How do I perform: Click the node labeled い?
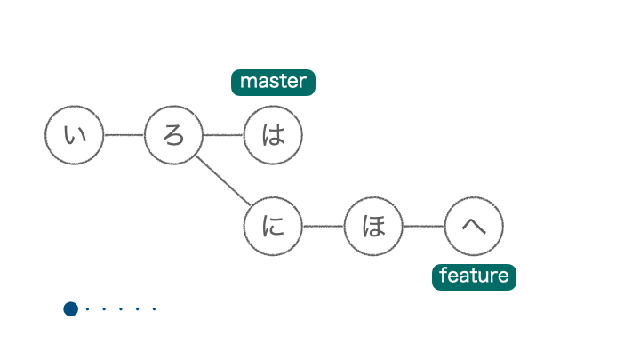click(75, 135)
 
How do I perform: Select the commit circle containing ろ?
click(173, 135)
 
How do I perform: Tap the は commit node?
click(273, 135)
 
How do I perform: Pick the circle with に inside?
click(273, 226)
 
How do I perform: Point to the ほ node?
click(373, 226)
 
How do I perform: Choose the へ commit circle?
click(474, 226)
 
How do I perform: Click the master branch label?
click(273, 83)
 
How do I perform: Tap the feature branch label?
click(474, 276)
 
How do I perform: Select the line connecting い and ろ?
click(124, 135)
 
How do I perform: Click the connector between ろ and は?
click(223, 135)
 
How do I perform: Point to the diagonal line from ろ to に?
click(223, 180)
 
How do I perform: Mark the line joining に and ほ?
click(323, 226)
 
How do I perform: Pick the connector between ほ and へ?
click(423, 226)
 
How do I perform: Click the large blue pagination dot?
click(71, 309)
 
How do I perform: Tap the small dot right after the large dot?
click(87, 309)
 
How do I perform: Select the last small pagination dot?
click(155, 309)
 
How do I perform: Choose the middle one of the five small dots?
click(121, 309)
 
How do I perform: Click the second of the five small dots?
click(104, 309)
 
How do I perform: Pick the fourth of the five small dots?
click(138, 309)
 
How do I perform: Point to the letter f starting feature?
click(443, 276)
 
